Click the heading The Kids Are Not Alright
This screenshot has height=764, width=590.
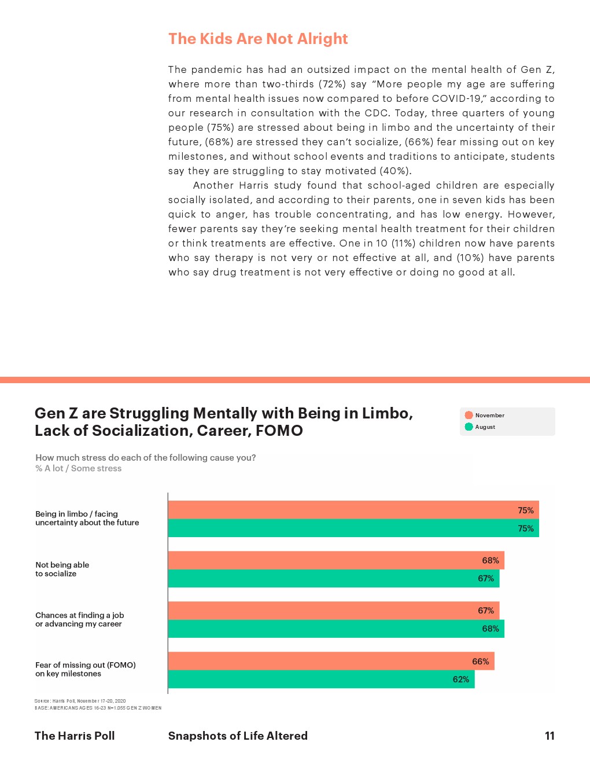click(x=258, y=39)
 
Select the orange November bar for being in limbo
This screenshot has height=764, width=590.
click(x=353, y=510)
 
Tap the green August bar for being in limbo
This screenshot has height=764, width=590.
click(x=353, y=528)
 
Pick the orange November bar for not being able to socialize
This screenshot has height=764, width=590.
click(x=335, y=560)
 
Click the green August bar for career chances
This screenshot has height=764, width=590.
click(x=335, y=629)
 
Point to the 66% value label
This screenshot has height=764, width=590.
click(x=480, y=662)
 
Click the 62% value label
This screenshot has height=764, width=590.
click(x=461, y=679)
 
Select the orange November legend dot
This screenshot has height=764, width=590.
click(x=469, y=415)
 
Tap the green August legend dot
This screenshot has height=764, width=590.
click(x=469, y=427)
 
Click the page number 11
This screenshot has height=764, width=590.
click(x=550, y=736)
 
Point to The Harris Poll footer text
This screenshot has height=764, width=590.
click(x=75, y=736)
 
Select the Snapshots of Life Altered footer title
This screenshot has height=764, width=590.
click(x=238, y=736)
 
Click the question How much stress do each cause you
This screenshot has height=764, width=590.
click(x=145, y=457)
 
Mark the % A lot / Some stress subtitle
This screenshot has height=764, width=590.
click(x=79, y=468)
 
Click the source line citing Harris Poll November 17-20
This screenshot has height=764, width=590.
click(x=80, y=701)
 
